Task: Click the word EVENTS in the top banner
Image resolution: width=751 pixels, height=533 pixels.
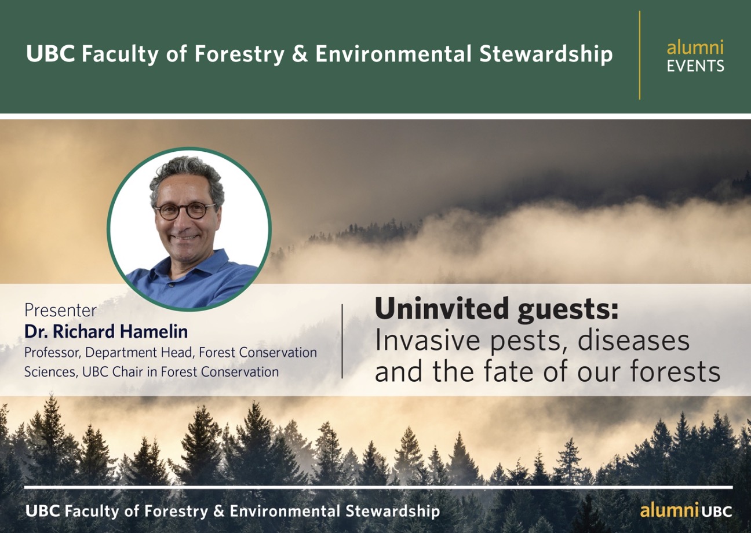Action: [x=695, y=66]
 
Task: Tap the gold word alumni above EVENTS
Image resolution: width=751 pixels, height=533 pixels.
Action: [x=695, y=48]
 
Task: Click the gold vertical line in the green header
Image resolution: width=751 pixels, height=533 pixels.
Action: [x=640, y=55]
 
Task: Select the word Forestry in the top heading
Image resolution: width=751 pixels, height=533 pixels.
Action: [x=240, y=54]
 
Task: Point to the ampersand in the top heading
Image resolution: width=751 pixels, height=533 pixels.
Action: [x=300, y=54]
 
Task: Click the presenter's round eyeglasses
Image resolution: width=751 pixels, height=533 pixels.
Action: [x=185, y=211]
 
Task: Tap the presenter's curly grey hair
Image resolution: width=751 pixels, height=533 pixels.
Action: [x=186, y=178]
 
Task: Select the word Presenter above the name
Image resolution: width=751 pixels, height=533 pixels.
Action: [x=60, y=311]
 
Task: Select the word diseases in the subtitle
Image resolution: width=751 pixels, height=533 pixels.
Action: [x=633, y=340]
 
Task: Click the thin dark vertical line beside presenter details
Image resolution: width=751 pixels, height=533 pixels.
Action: [x=342, y=341]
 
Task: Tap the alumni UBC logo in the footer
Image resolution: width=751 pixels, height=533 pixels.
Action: [x=686, y=511]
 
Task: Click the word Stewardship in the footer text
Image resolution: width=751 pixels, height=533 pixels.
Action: [x=393, y=512]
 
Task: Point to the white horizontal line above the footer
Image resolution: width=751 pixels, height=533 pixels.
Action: [x=378, y=487]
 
